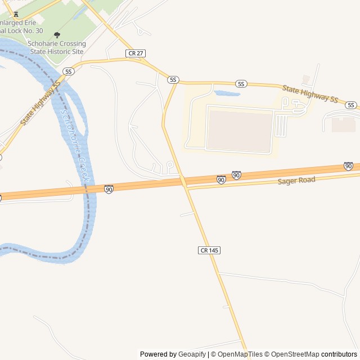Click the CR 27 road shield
pos(136,53)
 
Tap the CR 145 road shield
pos(209,249)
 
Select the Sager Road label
pos(296,181)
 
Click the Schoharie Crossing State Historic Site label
pos(56,48)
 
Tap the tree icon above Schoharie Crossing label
pos(57,35)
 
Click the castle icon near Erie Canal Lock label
pos(15,14)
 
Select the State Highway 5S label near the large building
pos(310,94)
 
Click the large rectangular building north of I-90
pos(240,130)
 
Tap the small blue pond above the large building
pos(227,93)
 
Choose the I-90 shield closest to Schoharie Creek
pos(109,189)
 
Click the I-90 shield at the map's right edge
pos(348,166)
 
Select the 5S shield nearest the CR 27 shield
pos(173,80)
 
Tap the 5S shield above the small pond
pos(241,84)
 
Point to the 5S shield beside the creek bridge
pos(69,71)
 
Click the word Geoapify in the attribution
pos(192,354)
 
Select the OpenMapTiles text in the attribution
pos(240,354)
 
